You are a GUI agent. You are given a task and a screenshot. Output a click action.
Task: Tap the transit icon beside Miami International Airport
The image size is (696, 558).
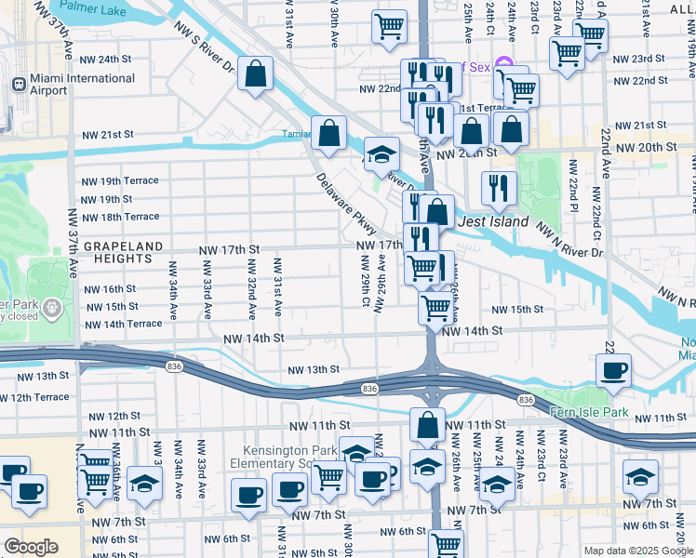click(18, 84)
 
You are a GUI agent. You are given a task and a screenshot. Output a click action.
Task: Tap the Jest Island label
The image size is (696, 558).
click(492, 222)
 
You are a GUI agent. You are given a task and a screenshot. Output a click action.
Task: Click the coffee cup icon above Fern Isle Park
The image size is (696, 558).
click(613, 370)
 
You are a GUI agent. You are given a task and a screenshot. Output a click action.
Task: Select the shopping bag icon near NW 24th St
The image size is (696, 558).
click(254, 74)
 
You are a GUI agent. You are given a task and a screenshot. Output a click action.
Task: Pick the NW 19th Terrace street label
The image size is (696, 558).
click(120, 181)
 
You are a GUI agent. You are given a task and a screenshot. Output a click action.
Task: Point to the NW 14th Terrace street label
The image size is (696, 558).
click(122, 324)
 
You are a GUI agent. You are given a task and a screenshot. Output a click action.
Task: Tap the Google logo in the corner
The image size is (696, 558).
click(31, 547)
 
